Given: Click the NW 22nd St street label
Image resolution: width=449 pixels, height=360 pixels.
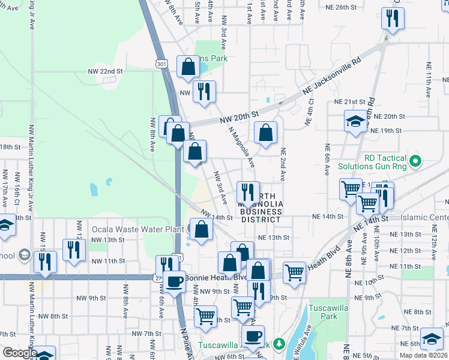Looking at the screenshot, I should [x=105, y=71].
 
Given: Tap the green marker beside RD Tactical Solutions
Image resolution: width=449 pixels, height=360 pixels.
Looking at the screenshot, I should [x=414, y=161].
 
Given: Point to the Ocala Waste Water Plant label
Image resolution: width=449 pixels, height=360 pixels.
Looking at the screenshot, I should [x=129, y=229].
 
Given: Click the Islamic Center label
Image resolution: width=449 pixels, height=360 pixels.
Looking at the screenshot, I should [x=427, y=217].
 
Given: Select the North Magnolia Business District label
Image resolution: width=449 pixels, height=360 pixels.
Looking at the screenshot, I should [x=261, y=208].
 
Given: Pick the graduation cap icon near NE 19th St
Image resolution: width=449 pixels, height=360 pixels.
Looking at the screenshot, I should [x=355, y=121].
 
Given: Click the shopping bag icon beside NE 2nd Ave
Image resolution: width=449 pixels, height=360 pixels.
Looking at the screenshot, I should [x=265, y=134].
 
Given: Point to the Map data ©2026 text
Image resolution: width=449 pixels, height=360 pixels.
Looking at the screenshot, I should [x=423, y=355].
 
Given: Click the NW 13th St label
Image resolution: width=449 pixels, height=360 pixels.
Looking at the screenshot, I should [x=108, y=239].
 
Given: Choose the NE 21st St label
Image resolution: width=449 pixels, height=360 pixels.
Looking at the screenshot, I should [x=349, y=102].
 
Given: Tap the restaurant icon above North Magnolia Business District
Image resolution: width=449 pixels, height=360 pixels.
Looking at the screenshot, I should [x=248, y=193].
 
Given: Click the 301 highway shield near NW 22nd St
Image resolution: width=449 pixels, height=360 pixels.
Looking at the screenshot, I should [x=160, y=63].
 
